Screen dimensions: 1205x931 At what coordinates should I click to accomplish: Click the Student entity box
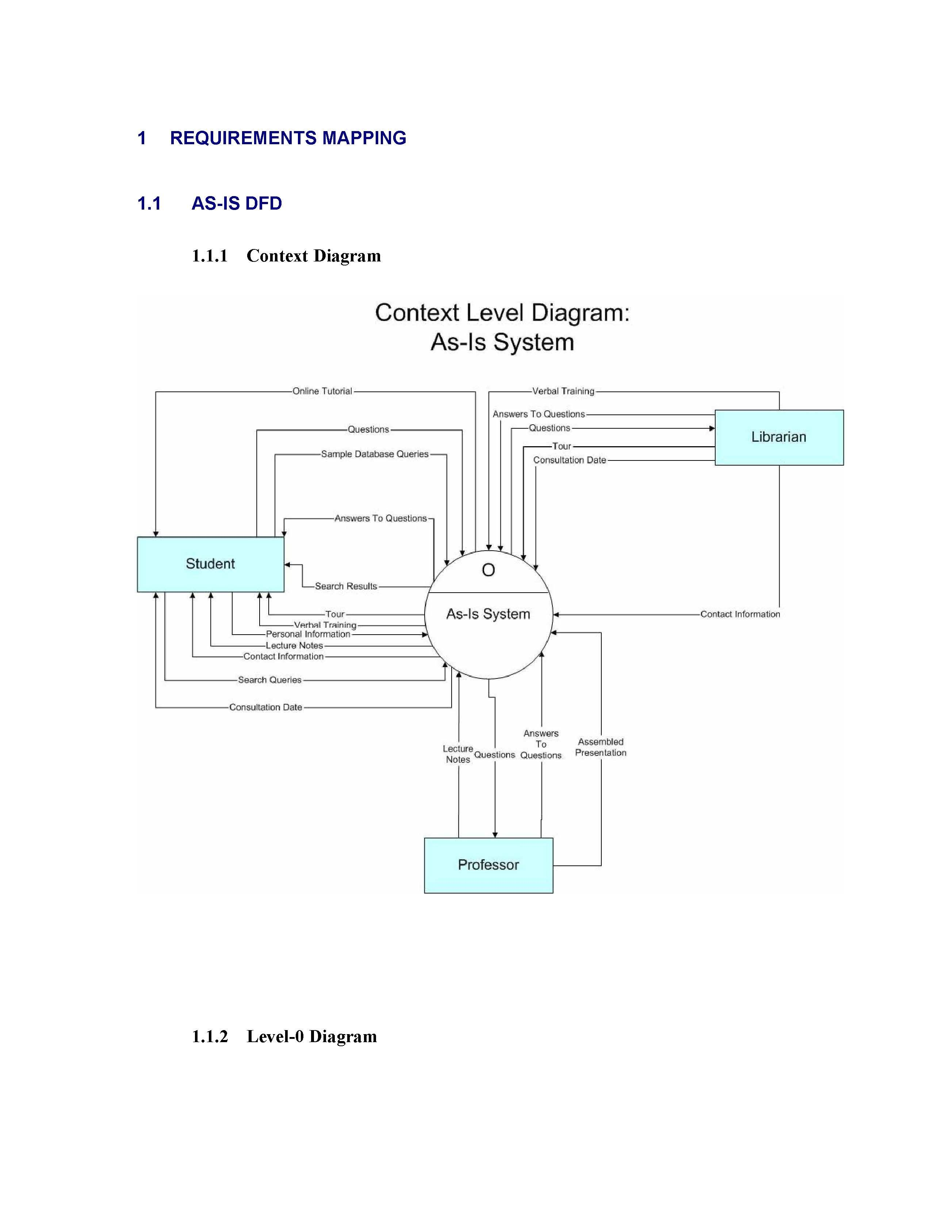click(210, 564)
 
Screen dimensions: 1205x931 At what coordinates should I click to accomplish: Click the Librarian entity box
click(778, 437)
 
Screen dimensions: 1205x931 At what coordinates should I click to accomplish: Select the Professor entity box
click(488, 865)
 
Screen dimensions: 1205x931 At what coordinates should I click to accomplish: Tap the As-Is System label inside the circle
click(488, 614)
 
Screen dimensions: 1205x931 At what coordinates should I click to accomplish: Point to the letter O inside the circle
click(488, 570)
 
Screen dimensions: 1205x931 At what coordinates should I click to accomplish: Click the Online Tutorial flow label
click(322, 391)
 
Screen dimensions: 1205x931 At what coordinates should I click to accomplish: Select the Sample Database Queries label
click(375, 454)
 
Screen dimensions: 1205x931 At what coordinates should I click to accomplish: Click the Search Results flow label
click(346, 586)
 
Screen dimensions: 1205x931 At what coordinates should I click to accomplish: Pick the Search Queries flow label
click(270, 680)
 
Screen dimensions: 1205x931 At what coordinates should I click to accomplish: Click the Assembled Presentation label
click(601, 747)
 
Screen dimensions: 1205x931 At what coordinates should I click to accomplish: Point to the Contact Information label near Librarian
click(740, 614)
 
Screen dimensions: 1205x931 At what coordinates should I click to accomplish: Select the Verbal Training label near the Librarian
click(563, 391)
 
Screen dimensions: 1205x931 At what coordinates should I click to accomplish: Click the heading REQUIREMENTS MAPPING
click(288, 138)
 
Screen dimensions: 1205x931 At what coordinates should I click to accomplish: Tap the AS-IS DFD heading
click(237, 204)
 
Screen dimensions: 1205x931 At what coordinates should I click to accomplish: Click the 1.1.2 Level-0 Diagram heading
click(284, 1036)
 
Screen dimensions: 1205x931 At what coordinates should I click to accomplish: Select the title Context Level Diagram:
click(502, 313)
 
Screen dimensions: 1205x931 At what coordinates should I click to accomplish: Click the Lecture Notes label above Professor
click(458, 754)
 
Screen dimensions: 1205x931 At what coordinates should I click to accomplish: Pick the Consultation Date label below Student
click(265, 707)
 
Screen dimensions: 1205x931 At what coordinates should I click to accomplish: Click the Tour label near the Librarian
click(562, 446)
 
